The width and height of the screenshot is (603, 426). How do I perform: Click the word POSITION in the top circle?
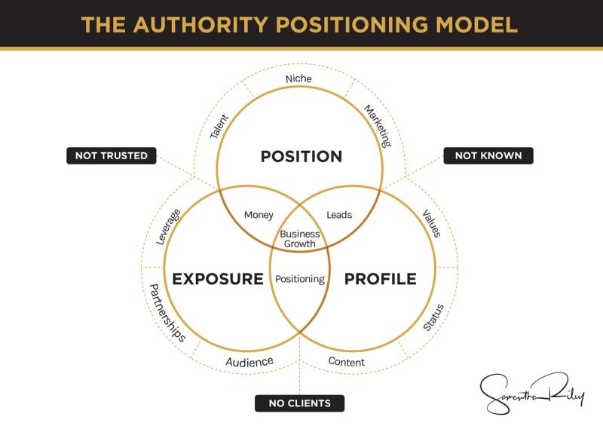click(x=301, y=157)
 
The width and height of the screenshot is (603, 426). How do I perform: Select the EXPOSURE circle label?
click(x=218, y=279)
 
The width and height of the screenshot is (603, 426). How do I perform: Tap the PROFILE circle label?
click(x=380, y=279)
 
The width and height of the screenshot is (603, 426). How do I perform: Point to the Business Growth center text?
click(x=300, y=239)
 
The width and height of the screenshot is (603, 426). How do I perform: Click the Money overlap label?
click(x=259, y=216)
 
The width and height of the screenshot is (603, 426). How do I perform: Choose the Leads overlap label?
click(x=339, y=216)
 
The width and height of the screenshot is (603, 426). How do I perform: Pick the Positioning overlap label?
click(x=300, y=279)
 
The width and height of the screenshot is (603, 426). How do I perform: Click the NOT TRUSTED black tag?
click(x=111, y=156)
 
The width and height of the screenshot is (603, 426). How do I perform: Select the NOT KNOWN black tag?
click(x=488, y=156)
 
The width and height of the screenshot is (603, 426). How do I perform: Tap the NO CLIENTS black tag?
click(x=299, y=403)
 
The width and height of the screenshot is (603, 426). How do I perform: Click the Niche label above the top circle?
click(x=298, y=78)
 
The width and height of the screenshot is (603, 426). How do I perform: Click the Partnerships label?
click(x=167, y=313)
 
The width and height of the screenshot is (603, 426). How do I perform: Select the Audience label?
click(x=249, y=363)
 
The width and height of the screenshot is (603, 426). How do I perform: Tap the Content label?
click(x=347, y=363)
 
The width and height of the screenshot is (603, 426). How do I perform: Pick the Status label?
click(x=433, y=317)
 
